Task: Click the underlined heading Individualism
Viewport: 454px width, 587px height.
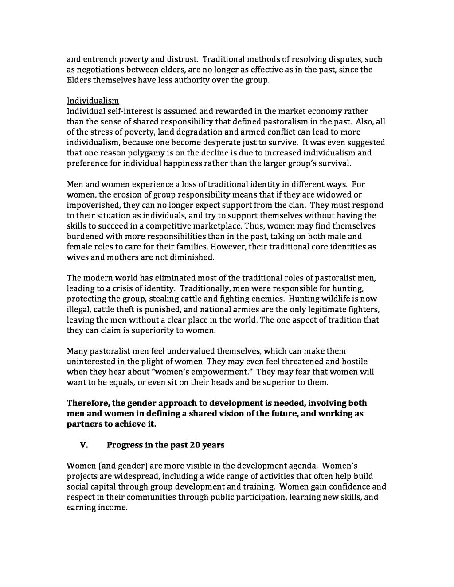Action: (x=93, y=101)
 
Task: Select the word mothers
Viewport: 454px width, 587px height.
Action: (x=126, y=257)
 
